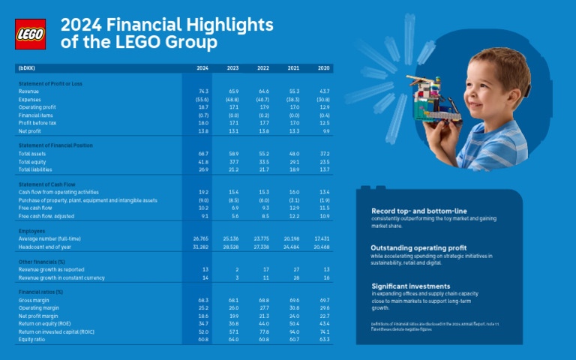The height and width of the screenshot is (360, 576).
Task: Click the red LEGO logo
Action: pos(30,34)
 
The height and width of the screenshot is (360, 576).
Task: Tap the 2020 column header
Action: pos(323,68)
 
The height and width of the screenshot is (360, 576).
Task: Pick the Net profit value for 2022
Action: pos(263,130)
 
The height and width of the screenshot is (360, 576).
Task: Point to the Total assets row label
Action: pos(33,153)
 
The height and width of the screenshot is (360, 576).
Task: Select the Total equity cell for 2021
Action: pos(293,161)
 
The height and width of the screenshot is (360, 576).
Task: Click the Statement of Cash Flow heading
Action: pos(47,184)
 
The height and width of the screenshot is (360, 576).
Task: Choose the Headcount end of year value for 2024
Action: pos(200,247)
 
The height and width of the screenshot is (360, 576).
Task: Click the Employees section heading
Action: pos(32,231)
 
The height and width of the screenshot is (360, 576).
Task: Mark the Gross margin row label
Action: pos(32,299)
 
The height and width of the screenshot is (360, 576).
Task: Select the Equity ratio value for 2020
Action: pos(323,339)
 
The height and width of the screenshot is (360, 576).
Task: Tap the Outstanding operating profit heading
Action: pos(418,247)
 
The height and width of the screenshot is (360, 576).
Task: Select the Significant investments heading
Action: pos(411,286)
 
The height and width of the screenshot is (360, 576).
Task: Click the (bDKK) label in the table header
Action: pos(26,68)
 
